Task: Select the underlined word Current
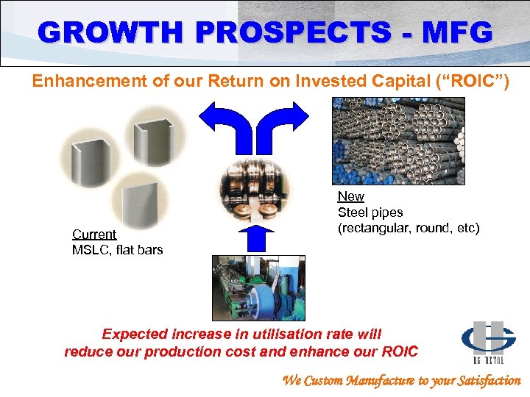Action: (94, 235)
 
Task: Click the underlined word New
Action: (350, 196)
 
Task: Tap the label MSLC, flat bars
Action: (118, 250)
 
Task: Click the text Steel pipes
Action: (370, 212)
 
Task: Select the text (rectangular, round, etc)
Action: (409, 229)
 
